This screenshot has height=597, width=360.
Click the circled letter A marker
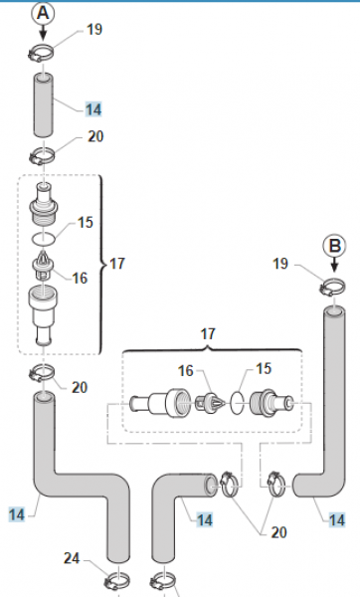pos(43,13)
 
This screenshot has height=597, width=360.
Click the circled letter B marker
pos(334,246)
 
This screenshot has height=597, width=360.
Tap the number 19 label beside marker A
pos(94,29)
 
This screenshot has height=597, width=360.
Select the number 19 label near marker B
pos(280,264)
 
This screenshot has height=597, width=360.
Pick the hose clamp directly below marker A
pos(41,54)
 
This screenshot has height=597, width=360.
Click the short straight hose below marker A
pos(43,105)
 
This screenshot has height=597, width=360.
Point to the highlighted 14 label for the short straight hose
pos(93,109)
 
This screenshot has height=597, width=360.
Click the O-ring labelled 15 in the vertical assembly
pos(44,239)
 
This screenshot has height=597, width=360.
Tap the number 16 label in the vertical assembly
pos(80,279)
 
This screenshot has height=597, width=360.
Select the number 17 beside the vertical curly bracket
pos(116,264)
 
